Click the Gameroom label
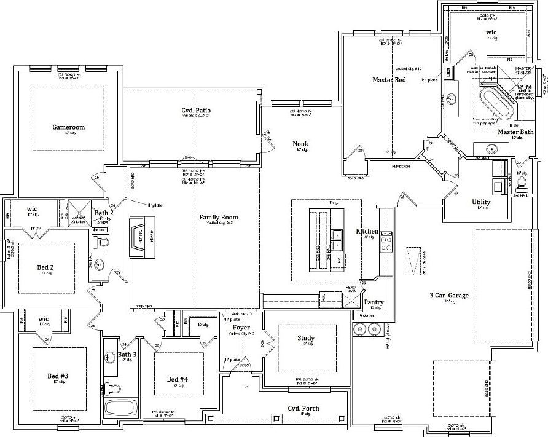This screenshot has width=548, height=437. (68, 127)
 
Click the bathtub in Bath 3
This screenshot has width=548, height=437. (120, 408)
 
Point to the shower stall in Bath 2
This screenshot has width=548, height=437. (79, 210)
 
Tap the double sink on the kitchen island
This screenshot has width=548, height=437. (336, 239)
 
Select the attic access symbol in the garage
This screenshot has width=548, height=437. (415, 261)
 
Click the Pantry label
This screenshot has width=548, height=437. (374, 302)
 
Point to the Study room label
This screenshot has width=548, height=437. (306, 338)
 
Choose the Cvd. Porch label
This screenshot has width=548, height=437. (303, 408)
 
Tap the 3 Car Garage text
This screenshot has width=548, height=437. (448, 296)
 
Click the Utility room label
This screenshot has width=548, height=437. (481, 202)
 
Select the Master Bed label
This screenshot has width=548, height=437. (389, 81)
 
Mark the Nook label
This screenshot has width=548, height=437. (300, 144)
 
